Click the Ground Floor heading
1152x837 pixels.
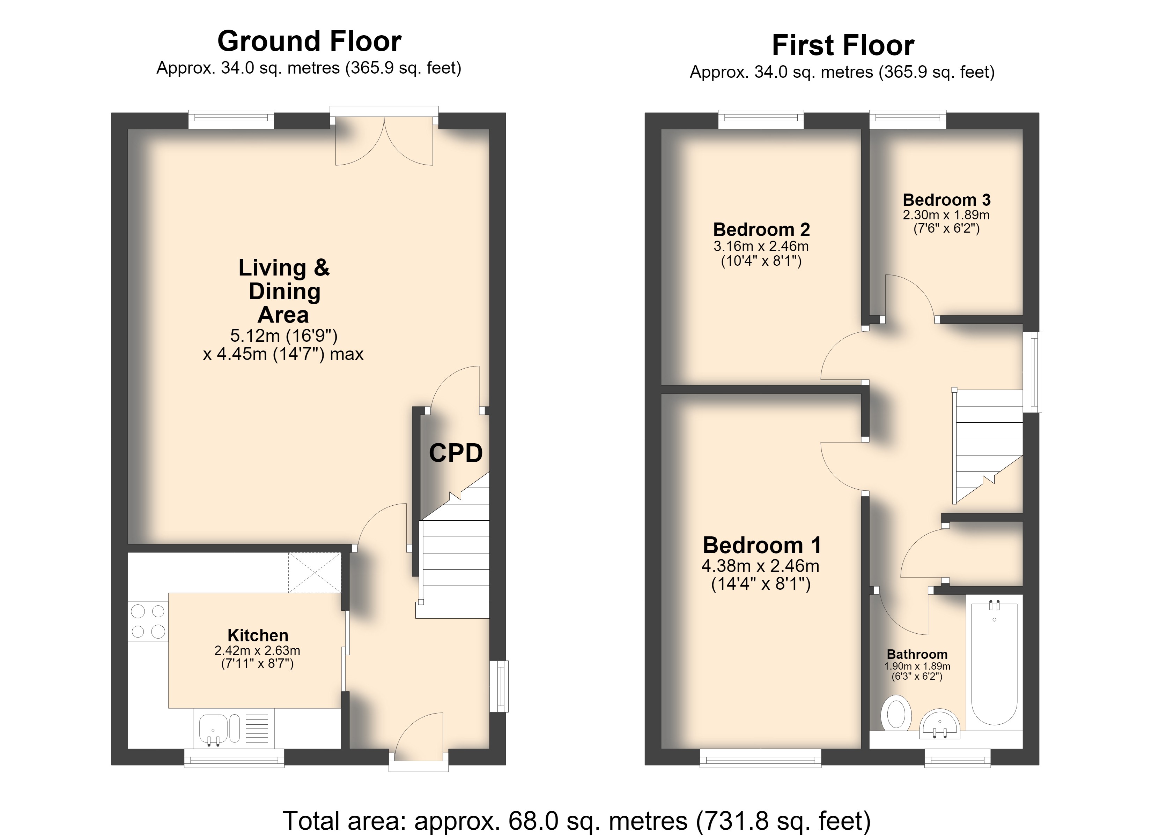[x=309, y=41]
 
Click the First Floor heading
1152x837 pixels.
[x=843, y=45]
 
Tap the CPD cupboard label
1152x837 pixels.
[x=456, y=453]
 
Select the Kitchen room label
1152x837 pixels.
[x=258, y=635]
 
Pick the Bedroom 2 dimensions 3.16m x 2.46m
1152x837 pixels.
[x=761, y=246]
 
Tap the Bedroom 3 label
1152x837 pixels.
[x=947, y=199]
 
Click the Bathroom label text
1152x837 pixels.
[x=917, y=654]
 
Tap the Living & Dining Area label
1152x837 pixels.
[x=284, y=291]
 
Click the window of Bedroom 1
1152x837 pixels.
[x=760, y=758]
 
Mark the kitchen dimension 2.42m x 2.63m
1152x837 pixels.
[x=258, y=650]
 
